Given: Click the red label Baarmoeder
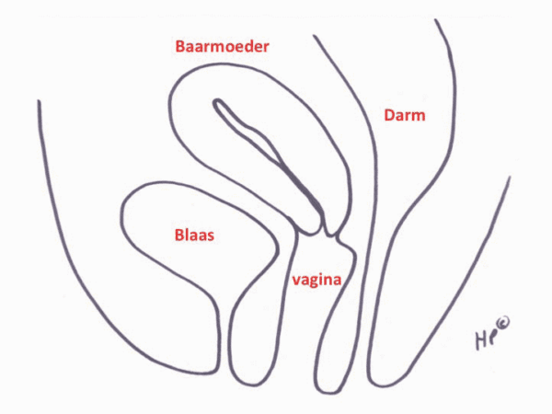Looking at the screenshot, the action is [x=222, y=47].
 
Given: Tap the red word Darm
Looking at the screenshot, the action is [x=405, y=115].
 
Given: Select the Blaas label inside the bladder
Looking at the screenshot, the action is [x=194, y=235].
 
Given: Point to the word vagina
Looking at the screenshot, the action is [x=316, y=281].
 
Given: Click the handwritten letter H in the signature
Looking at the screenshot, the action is [x=481, y=340].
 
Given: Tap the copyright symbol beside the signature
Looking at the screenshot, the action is [x=503, y=323].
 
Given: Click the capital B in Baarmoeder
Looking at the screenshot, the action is [x=180, y=47].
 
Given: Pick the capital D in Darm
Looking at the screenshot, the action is [x=389, y=115].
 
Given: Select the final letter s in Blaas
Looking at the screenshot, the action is [x=210, y=236].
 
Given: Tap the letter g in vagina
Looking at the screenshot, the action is [x=312, y=282].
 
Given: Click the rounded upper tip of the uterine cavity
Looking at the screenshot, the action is [x=217, y=101].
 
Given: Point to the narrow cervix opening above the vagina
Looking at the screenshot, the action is [x=330, y=233].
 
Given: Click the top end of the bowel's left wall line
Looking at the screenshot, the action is [x=314, y=36].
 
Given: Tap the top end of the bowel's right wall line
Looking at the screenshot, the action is [x=436, y=20].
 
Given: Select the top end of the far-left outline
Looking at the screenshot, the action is [x=39, y=102].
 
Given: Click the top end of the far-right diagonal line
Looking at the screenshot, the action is [x=509, y=177].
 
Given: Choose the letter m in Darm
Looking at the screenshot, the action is [x=419, y=117].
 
